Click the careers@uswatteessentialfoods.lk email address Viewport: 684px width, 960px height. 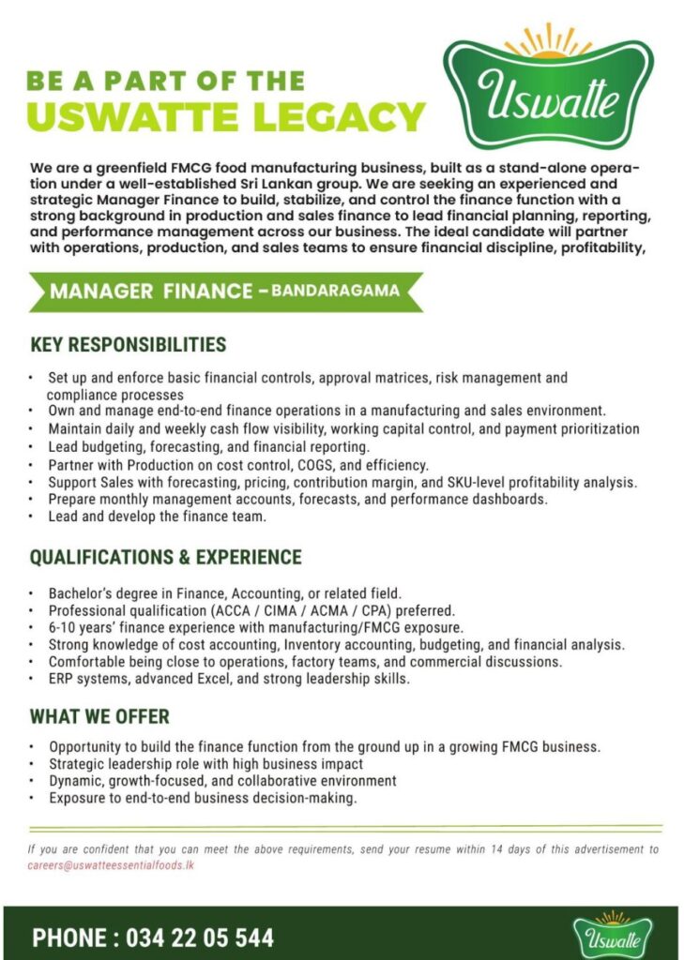pos(111,865)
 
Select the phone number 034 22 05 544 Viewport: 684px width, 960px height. pos(199,937)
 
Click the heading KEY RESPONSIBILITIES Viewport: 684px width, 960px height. pos(128,344)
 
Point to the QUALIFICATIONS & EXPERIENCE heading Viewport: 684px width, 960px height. pos(165,558)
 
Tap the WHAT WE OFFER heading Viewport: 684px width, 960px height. pos(99,717)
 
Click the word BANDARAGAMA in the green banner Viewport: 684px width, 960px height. pos(336,291)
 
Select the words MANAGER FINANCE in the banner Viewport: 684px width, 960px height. pos(150,291)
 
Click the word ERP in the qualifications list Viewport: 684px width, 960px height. pos(62,679)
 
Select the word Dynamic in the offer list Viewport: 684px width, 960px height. pos(75,781)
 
